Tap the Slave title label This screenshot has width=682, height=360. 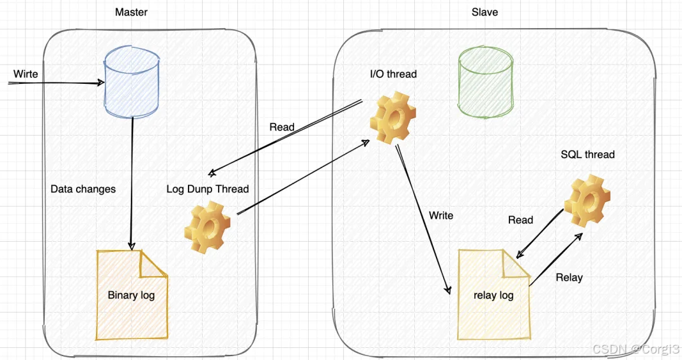(x=484, y=12)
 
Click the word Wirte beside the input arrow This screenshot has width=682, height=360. (x=26, y=74)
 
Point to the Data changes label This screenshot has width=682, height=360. (x=83, y=189)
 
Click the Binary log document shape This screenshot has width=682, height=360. (x=131, y=295)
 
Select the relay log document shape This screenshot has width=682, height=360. (x=493, y=295)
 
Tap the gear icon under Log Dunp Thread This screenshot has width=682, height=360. (x=207, y=227)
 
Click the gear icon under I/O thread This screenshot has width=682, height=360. (x=392, y=119)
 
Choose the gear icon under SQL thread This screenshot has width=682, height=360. (x=587, y=201)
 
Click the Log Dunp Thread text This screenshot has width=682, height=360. (x=207, y=189)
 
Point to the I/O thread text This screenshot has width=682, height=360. (x=393, y=74)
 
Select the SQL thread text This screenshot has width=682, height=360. (x=587, y=155)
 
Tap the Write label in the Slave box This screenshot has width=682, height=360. (x=441, y=215)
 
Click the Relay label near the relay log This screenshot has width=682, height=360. (x=569, y=278)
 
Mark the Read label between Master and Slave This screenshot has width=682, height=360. (x=282, y=127)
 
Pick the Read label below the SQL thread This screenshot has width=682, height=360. (x=520, y=220)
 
